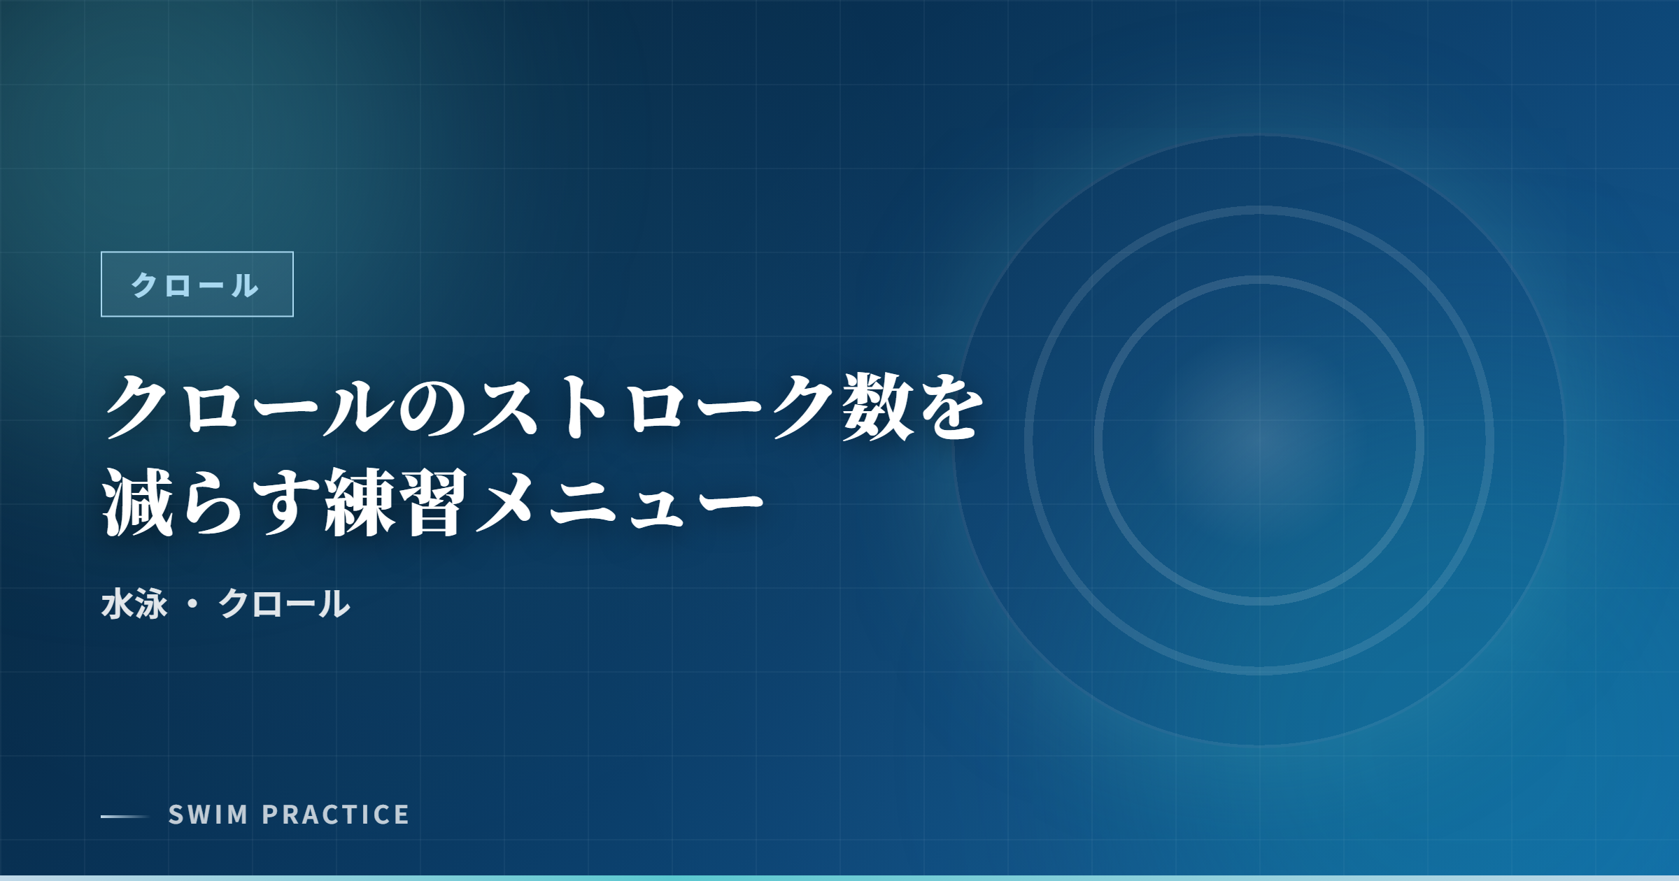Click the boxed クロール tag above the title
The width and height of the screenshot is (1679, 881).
197,284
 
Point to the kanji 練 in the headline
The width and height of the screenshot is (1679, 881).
360,502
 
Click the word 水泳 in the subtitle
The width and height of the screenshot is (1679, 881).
134,604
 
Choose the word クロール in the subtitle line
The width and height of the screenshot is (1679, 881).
284,604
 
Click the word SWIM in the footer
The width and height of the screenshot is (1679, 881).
208,815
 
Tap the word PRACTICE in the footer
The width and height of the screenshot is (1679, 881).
336,815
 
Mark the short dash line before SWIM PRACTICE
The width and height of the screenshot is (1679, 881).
125,816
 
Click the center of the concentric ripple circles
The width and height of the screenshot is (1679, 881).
1259,440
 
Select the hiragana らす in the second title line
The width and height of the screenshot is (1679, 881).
249,502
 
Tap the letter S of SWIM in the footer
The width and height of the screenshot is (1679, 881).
176,815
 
